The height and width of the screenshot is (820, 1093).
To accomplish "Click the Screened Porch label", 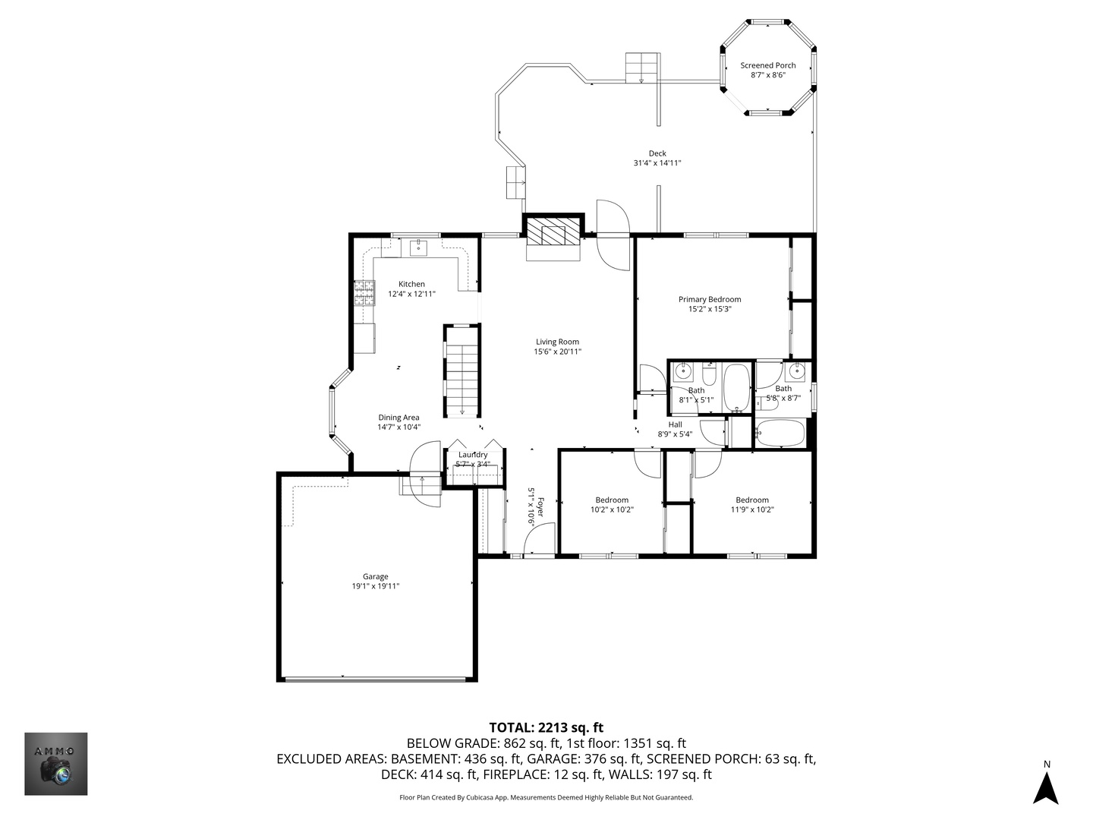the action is coord(767,65).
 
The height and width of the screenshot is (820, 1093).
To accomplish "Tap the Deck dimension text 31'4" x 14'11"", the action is coord(657,162).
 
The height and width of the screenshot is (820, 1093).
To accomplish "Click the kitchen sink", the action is coord(419,247).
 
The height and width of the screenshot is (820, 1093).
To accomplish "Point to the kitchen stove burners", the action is coord(364,293).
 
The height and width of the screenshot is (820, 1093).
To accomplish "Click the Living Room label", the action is coord(557,342).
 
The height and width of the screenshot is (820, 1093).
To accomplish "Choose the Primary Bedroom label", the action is coord(710,299).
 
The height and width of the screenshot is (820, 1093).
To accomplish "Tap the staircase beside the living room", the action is coord(462,371).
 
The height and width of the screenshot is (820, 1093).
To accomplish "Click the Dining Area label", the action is coord(398,418).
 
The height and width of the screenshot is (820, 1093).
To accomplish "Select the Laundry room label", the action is coord(473,455).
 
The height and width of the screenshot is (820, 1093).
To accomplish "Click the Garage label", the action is coord(376,576).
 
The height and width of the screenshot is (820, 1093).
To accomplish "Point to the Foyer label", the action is coord(540,507).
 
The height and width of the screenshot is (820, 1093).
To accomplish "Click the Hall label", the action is coord(676,424).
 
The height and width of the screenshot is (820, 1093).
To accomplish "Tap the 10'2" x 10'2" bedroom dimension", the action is coord(612,509).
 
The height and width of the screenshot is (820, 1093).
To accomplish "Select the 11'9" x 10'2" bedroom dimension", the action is coord(752,509).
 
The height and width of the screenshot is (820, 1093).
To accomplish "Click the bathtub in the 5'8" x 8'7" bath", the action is coord(780,433).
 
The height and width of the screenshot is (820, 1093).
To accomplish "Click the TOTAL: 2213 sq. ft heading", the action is coord(546,728).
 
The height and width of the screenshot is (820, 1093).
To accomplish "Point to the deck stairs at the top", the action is coord(642,68).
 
